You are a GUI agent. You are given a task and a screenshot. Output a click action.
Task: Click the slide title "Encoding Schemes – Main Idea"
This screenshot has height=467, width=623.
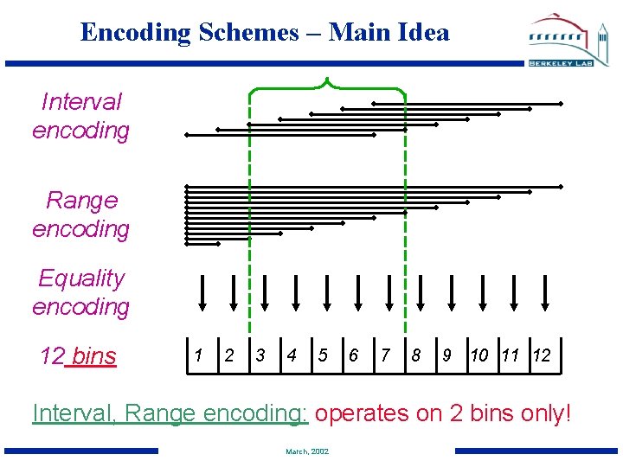[x=265, y=33]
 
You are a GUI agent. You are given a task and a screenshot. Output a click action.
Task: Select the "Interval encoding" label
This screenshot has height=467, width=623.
[x=80, y=117]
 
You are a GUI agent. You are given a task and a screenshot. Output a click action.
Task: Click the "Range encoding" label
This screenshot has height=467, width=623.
[x=80, y=214]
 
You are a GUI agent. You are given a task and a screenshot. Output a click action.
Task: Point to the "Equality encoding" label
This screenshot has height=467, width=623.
[x=80, y=292]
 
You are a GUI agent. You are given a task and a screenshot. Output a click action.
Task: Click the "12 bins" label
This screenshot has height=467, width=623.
[x=78, y=355]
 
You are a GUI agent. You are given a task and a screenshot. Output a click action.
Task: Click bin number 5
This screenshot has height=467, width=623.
[x=323, y=355]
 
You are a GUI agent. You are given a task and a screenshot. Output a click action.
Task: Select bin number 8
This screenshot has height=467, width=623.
[x=416, y=355]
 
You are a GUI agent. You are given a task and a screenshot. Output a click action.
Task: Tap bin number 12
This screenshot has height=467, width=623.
[x=542, y=355]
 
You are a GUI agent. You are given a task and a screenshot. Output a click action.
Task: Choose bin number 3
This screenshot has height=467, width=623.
[x=260, y=355]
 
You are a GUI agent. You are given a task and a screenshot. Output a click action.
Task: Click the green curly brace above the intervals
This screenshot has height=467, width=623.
[x=327, y=85]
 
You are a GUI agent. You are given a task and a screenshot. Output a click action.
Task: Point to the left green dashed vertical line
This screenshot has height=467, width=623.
[x=250, y=216]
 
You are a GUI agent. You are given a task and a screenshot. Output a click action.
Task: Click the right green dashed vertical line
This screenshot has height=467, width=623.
[x=405, y=216]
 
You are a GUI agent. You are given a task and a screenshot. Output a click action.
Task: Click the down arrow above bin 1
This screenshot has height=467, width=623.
[x=202, y=292]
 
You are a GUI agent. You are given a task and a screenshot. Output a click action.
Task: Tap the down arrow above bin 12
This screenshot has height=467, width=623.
[x=546, y=292]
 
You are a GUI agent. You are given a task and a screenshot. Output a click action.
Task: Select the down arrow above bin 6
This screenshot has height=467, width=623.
[x=358, y=292]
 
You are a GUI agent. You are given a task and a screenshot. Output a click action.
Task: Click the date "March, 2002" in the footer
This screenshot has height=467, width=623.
[x=307, y=451]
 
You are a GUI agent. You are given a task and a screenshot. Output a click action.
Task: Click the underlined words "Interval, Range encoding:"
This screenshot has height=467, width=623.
[x=170, y=413]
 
